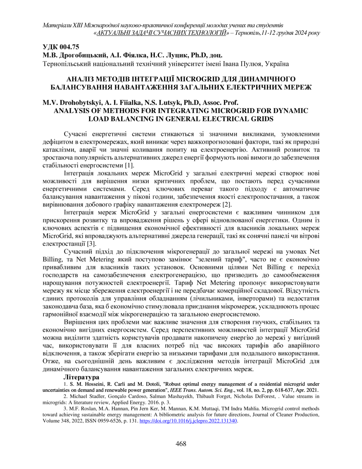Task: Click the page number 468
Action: [181, 444]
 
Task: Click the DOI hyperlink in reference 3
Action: [188, 421]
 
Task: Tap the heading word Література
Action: [81, 377]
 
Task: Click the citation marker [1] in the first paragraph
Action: [129, 166]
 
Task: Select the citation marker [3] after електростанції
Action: [91, 244]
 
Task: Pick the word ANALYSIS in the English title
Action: [71, 111]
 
